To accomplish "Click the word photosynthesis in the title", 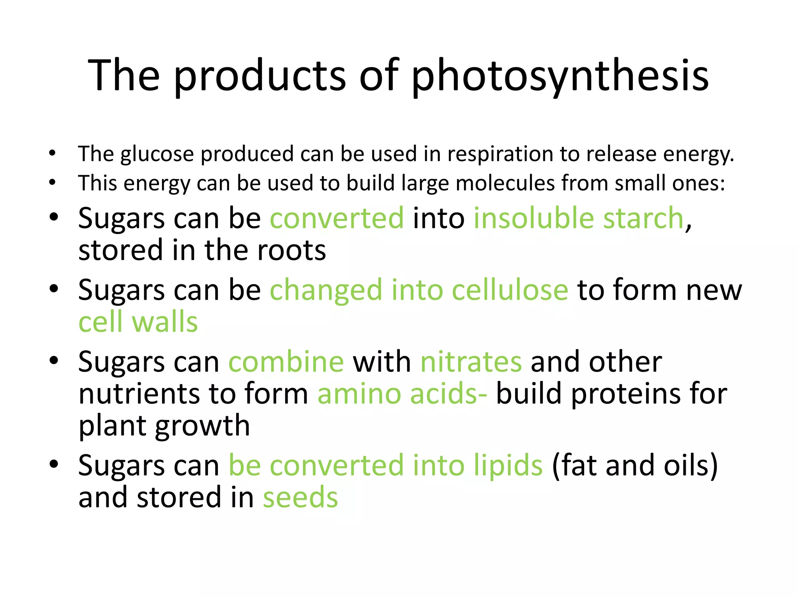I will pos(560,76).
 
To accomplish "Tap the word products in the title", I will pos(260,76).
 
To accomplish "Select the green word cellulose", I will pos(510,290).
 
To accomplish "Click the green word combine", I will pos(286,362).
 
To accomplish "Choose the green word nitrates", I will pos(471,362).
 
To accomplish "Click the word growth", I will pos(202,426).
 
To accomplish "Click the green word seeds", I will pos(300,498).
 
